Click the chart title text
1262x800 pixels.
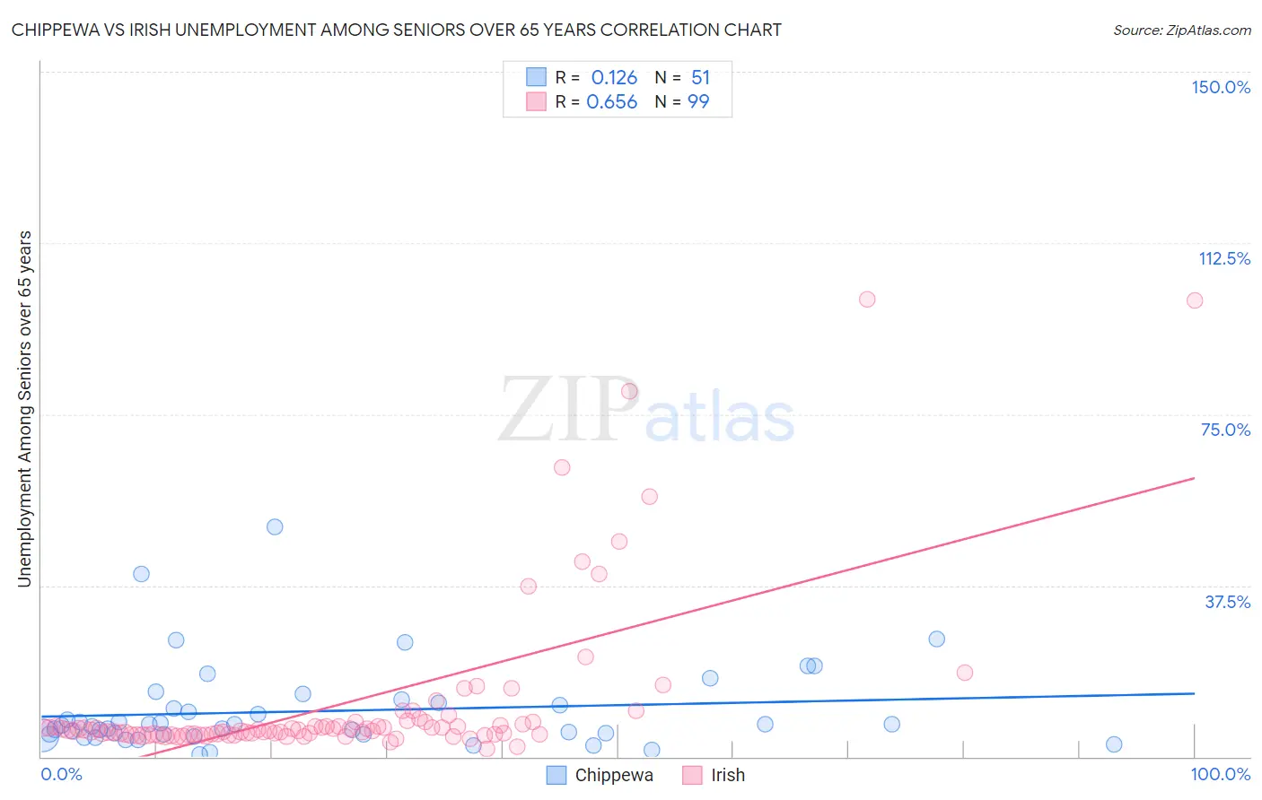(x=396, y=30)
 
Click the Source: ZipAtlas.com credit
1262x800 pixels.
(x=1181, y=30)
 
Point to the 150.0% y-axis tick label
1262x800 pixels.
(x=1220, y=87)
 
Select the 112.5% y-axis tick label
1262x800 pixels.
(x=1223, y=258)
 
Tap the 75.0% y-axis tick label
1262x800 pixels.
(x=1225, y=430)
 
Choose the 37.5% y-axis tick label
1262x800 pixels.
(x=1227, y=602)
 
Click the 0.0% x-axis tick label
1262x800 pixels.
(x=61, y=774)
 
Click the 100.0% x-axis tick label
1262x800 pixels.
(x=1220, y=774)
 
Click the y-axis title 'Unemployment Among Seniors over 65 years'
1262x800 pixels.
(x=24, y=409)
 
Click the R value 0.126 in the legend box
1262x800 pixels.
(x=614, y=78)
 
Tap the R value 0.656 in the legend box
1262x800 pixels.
(x=611, y=102)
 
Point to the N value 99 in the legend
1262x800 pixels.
(x=698, y=102)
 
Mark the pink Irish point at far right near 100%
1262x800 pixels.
(x=1194, y=300)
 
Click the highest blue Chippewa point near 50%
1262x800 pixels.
(x=275, y=526)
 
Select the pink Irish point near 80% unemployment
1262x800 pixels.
(x=629, y=391)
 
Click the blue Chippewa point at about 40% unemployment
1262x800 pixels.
(x=141, y=574)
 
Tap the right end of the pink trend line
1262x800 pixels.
(x=1194, y=478)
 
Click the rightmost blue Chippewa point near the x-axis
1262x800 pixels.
(x=1114, y=744)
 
